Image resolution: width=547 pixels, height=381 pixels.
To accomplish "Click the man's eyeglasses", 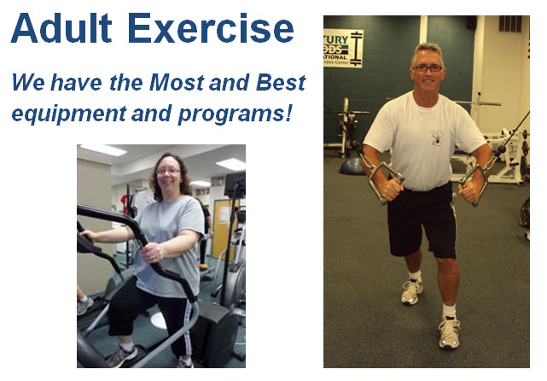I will point(427,68).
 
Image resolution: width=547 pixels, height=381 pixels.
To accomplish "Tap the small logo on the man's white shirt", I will point(437,137).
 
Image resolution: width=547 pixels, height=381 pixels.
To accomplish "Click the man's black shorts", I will point(422,220).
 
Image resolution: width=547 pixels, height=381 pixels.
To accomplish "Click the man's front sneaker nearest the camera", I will point(449,332).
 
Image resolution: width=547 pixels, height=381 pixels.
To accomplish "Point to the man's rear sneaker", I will point(411,291).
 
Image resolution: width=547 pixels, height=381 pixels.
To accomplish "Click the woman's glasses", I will point(167,171).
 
